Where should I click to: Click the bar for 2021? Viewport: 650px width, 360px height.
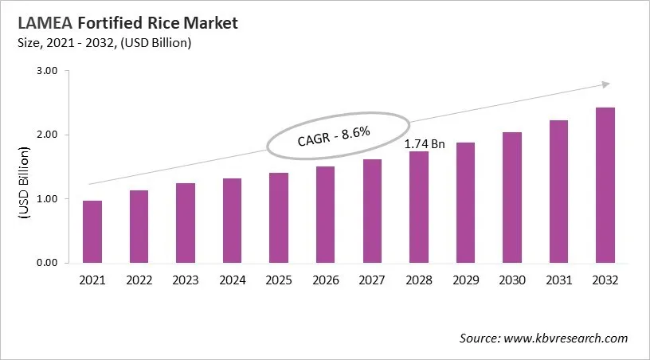(x=92, y=232)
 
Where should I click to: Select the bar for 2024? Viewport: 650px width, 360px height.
(x=232, y=221)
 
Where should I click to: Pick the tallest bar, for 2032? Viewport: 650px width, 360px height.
(x=605, y=185)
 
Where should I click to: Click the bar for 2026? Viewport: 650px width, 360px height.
(x=325, y=214)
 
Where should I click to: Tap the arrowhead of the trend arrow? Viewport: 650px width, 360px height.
(x=605, y=84)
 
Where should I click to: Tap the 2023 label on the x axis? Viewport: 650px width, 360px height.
(x=185, y=280)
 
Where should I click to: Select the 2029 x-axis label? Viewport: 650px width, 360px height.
(x=464, y=280)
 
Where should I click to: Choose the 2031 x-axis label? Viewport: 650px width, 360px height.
(x=558, y=280)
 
